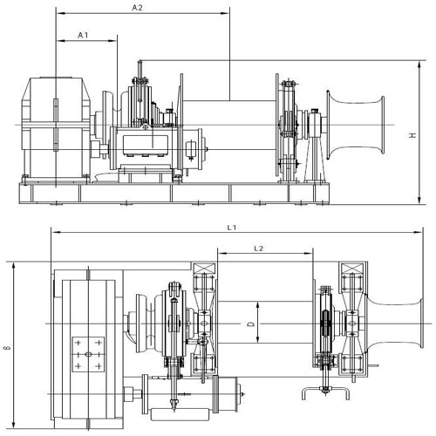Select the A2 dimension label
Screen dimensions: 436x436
138,8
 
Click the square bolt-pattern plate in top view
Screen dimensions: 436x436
90,354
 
